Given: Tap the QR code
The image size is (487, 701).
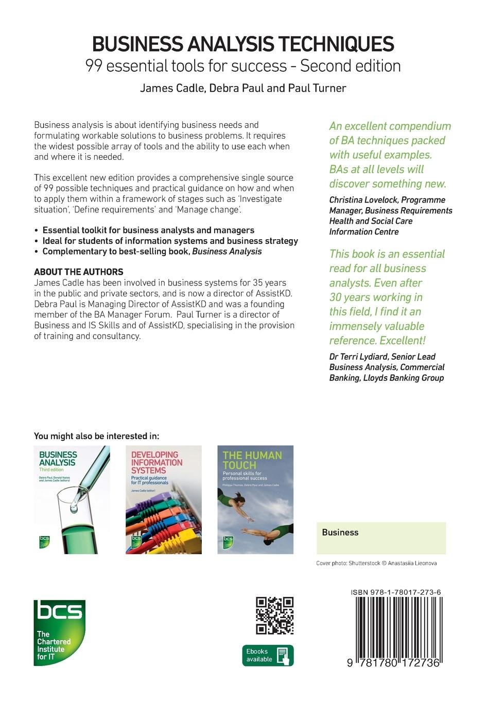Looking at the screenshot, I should click(x=274, y=615).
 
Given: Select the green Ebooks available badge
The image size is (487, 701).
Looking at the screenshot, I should click(x=268, y=655).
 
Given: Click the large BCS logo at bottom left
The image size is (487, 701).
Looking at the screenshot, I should click(x=59, y=632).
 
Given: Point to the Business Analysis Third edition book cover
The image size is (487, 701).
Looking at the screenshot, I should click(x=72, y=499).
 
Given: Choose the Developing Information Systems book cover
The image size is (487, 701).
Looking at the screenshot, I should click(x=163, y=499).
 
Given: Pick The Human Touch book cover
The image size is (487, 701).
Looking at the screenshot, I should click(x=255, y=499).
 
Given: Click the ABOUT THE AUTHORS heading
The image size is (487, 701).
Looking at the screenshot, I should click(x=78, y=272).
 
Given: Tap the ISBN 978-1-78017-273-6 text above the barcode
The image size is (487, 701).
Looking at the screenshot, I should click(x=395, y=593).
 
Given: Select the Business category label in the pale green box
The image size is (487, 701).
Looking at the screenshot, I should click(x=340, y=532).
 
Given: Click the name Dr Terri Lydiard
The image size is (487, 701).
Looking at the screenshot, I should click(x=357, y=357).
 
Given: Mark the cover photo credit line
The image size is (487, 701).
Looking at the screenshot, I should click(x=376, y=563).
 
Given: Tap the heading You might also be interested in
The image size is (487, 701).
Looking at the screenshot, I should click(x=96, y=436).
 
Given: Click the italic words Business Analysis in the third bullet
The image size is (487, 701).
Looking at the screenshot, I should click(x=227, y=252).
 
